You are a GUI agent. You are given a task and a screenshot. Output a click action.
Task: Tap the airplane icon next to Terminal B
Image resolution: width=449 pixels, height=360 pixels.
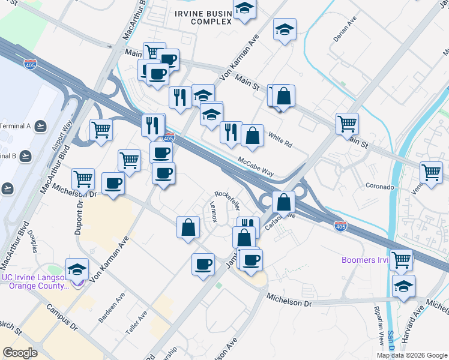(x=25, y=156)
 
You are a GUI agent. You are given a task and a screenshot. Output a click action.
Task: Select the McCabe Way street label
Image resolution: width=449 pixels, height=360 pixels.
(x=256, y=167)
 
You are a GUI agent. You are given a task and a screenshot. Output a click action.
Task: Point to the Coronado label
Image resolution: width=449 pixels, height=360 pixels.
(x=379, y=187)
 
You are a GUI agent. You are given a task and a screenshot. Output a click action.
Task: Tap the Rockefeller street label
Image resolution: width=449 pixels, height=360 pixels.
(x=228, y=200)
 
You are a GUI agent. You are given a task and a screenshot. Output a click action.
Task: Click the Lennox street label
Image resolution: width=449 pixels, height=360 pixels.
(x=213, y=212)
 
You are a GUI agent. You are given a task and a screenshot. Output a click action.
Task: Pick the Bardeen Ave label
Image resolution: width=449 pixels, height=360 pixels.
(x=112, y=306)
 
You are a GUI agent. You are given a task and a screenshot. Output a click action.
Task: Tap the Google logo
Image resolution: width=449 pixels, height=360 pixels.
(x=20, y=352)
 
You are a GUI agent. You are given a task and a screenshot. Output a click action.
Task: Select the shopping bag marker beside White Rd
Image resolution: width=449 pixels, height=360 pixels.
(x=253, y=136)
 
